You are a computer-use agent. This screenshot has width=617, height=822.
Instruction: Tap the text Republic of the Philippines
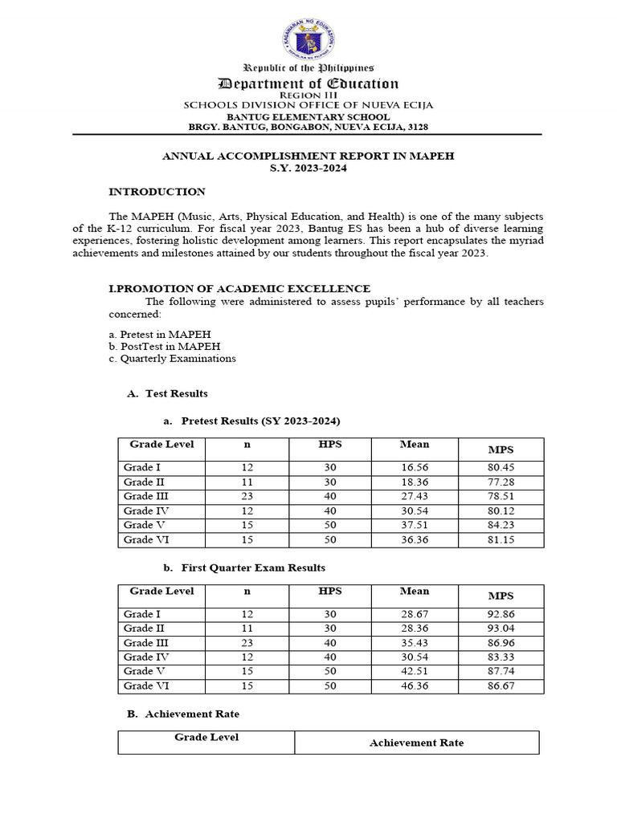click(x=308, y=68)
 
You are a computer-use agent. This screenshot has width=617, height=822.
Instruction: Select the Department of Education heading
click(x=308, y=83)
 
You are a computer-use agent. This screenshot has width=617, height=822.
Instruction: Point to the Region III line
click(x=308, y=95)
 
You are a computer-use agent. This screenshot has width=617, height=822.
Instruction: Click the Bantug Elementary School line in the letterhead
click(x=308, y=116)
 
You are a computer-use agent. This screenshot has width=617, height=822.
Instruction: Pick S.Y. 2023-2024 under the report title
click(x=308, y=168)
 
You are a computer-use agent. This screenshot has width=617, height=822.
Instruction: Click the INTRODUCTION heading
click(x=157, y=192)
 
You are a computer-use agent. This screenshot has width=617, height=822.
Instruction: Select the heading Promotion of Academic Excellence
click(x=239, y=288)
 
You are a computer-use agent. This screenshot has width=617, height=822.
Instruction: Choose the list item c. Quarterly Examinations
click(x=172, y=359)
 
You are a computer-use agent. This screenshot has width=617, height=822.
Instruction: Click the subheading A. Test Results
click(x=167, y=393)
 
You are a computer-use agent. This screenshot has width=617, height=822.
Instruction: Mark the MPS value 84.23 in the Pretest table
click(x=501, y=526)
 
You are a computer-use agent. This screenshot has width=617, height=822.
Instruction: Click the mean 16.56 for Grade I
click(x=415, y=468)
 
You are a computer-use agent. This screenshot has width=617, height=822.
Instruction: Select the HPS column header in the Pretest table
click(x=330, y=445)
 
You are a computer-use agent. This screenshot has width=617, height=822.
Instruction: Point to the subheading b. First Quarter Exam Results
click(x=244, y=568)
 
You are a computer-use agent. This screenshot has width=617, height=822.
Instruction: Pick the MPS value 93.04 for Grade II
click(x=501, y=629)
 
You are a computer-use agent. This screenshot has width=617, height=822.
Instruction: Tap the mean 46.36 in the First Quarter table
click(x=415, y=686)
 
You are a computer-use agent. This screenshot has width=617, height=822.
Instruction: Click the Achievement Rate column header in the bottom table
click(x=416, y=743)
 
